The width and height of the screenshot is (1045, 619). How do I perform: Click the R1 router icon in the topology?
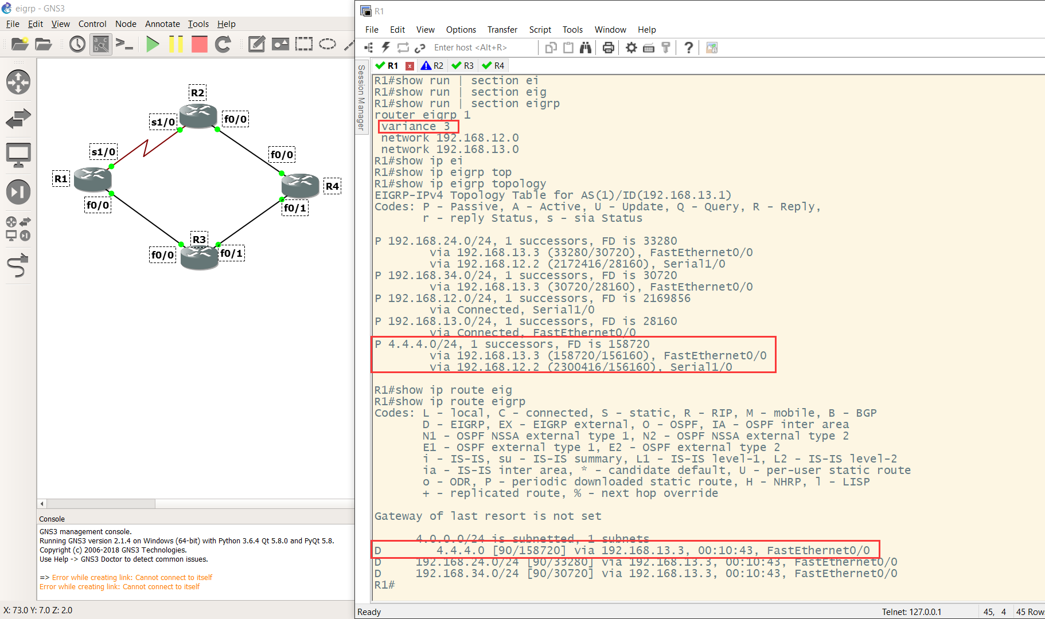pyautogui.click(x=92, y=179)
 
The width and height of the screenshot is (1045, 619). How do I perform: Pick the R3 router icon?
pyautogui.click(x=199, y=257)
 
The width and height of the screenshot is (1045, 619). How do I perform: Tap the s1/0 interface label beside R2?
pyautogui.click(x=163, y=122)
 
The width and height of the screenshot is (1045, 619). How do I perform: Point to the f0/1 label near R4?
pyautogui.click(x=295, y=208)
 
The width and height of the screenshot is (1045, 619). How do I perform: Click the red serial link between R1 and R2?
pyautogui.click(x=146, y=146)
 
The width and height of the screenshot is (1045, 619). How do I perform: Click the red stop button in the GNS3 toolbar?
pyautogui.click(x=199, y=44)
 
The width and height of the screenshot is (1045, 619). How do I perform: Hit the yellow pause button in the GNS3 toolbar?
pyautogui.click(x=176, y=44)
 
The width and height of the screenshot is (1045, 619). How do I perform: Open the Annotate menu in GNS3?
pyautogui.click(x=162, y=24)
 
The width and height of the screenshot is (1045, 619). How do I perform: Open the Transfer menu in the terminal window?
pyautogui.click(x=502, y=30)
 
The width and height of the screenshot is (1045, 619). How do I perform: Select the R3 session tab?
pyautogui.click(x=463, y=66)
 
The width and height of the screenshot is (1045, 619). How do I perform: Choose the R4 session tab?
pyautogui.click(x=493, y=66)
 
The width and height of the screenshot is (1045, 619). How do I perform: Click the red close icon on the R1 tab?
pyautogui.click(x=410, y=66)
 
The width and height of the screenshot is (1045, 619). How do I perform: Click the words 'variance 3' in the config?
pyautogui.click(x=415, y=127)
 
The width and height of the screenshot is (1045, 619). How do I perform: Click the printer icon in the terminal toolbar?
pyautogui.click(x=608, y=48)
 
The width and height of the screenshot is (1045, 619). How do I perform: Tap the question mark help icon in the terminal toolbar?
pyautogui.click(x=689, y=48)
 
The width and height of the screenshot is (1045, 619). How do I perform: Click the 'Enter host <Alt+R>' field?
pyautogui.click(x=470, y=48)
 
